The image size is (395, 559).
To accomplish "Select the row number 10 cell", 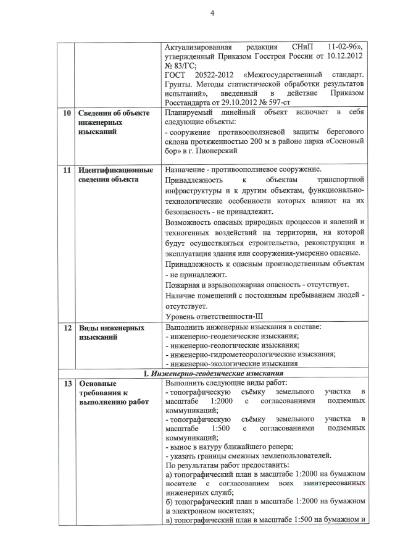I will (66, 114).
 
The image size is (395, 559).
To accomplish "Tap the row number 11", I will (66, 169).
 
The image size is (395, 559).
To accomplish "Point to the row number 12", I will (66, 327).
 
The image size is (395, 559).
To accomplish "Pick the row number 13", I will (66, 383).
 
